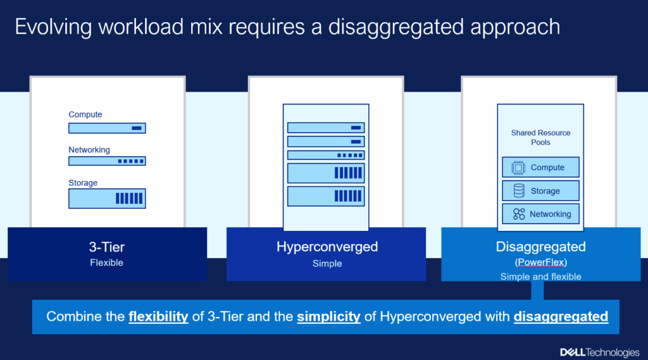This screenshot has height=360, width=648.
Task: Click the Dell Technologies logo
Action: coord(600,352)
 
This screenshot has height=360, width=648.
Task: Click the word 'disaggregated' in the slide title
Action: coord(396,27)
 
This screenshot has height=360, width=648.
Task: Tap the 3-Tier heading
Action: coord(106,247)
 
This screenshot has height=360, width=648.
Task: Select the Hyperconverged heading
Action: coord(327,247)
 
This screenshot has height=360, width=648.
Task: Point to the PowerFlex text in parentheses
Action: coord(541,262)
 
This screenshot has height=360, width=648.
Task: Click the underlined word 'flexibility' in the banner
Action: coord(158,316)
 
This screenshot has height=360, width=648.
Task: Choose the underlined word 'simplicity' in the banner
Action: coord(328,316)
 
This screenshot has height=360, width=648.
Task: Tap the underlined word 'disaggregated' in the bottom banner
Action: coord(561,316)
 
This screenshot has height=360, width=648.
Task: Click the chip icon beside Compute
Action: coord(518,168)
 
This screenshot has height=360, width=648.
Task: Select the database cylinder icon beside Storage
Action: coord(519,190)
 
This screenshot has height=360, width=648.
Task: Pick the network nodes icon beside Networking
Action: coord(519,214)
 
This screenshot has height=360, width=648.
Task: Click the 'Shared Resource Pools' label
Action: coord(540,137)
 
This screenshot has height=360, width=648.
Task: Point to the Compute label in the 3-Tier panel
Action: coord(85,115)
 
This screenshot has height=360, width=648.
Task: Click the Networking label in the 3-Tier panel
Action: coord(89,149)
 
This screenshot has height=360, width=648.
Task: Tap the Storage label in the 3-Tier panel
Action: coord(83,183)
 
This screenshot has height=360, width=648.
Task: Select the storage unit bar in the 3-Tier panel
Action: coord(107,199)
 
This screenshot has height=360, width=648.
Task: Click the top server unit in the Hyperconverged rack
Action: coord(326,128)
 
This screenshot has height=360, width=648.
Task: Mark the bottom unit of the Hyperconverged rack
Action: coord(326,196)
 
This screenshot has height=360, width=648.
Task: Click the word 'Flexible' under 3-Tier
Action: coord(106,263)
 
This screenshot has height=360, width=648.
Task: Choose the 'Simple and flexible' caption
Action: coord(540,276)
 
